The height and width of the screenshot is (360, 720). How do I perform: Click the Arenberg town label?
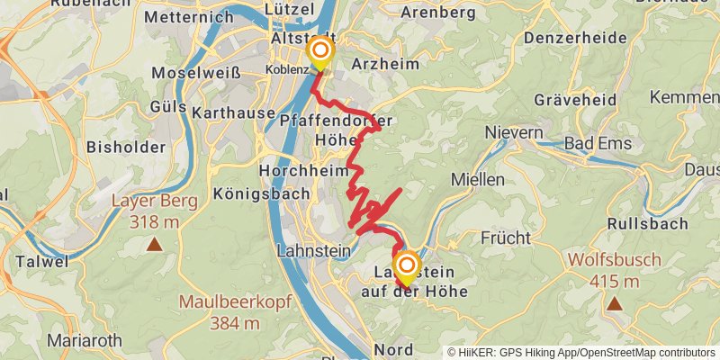[436, 12]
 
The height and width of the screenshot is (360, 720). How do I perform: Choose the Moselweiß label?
[196, 73]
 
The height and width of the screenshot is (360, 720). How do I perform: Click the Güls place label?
[167, 107]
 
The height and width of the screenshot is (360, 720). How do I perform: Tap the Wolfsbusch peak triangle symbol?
[614, 303]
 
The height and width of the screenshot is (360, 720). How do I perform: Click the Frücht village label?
[505, 238]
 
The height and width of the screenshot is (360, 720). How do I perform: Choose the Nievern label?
[514, 132]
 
